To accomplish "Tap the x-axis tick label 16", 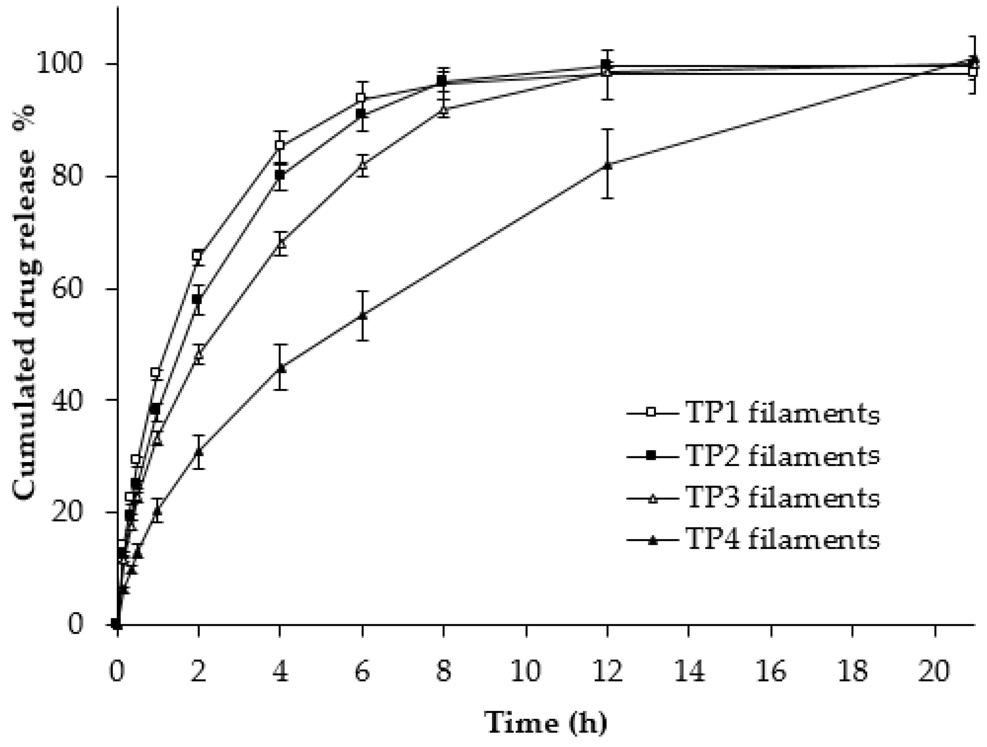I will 771,670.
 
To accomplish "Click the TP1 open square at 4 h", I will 280,145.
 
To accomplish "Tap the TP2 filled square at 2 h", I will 198,299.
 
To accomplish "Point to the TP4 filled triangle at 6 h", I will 363,315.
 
